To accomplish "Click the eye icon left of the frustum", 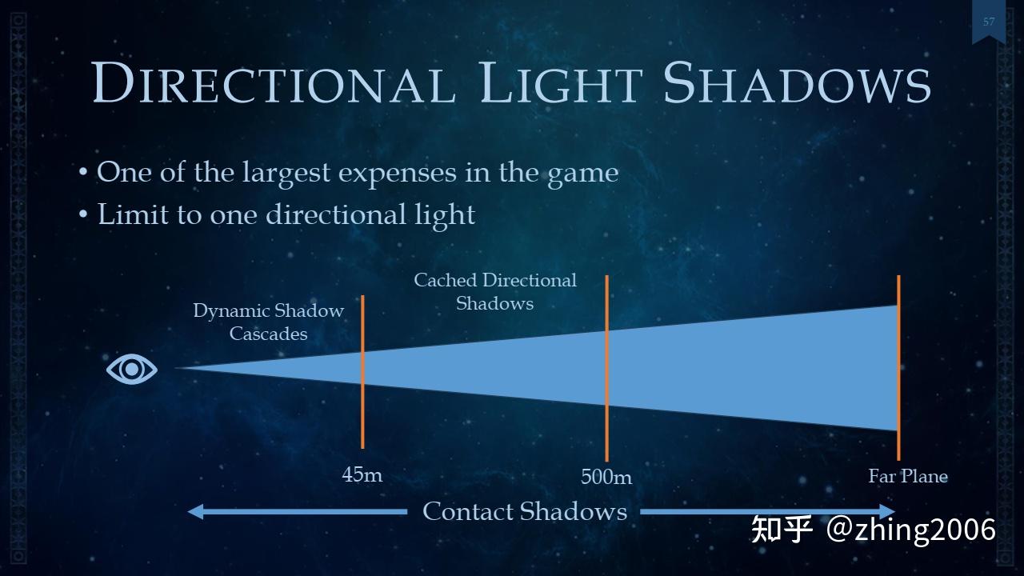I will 132,369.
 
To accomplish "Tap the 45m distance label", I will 362,474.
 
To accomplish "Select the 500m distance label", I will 606,477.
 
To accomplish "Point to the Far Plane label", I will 908,477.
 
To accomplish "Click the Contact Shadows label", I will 524,511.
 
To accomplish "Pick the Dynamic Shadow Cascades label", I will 268,322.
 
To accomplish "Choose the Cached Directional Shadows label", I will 494,291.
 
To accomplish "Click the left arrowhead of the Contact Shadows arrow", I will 195,511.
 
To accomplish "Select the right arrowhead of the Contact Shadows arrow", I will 887,511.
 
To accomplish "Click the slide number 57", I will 989,22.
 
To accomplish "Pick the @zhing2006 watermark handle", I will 911,530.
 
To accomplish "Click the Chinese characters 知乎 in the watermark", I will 782,530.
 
